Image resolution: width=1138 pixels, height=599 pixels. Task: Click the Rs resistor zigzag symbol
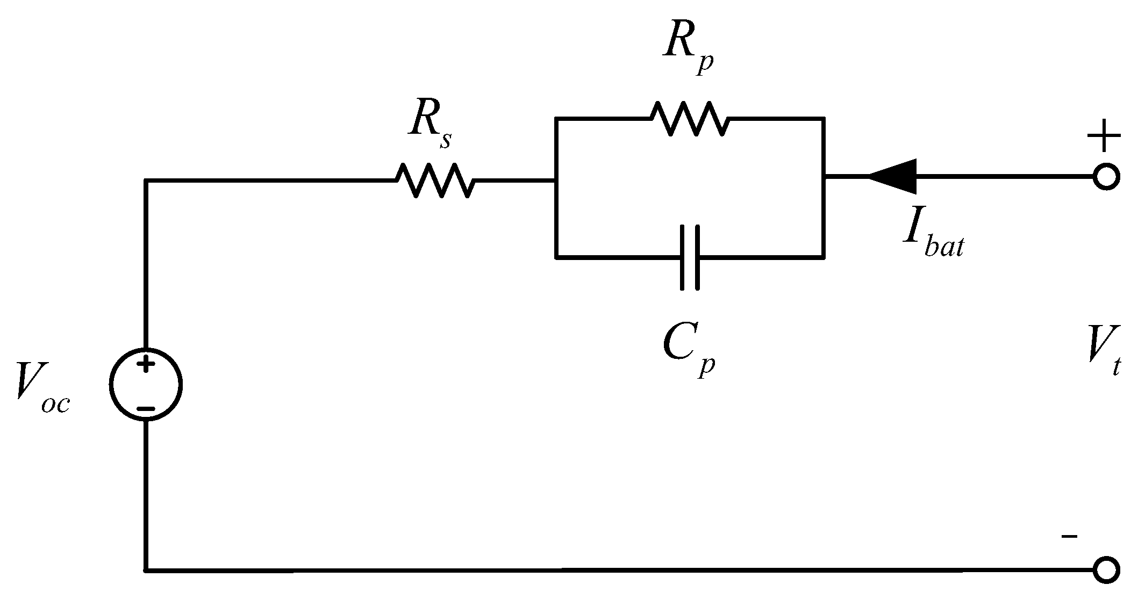point(435,181)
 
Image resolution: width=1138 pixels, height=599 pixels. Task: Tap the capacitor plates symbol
point(690,258)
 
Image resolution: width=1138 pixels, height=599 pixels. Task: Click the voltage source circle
point(146,384)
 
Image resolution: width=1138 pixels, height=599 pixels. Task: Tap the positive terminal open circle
point(1106,177)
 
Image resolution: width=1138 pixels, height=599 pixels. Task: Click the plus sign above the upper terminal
point(1104,135)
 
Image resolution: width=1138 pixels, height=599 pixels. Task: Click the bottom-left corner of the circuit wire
point(146,569)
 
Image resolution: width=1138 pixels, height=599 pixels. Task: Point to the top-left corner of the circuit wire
point(146,181)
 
